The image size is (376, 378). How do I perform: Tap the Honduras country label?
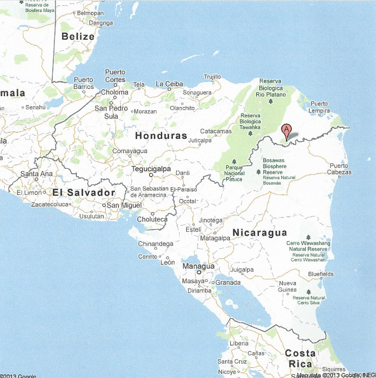pyautogui.click(x=161, y=136)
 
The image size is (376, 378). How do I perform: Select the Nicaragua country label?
pyautogui.click(x=260, y=233)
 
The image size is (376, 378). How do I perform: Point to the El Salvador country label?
pyautogui.click(x=84, y=193)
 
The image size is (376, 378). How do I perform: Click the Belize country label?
pyautogui.click(x=78, y=36)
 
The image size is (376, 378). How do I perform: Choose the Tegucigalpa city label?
pyautogui.click(x=151, y=169)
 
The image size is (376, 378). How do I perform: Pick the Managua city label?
pyautogui.click(x=198, y=266)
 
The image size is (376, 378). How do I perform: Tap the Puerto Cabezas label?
pyautogui.click(x=339, y=169)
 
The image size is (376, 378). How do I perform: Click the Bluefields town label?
pyautogui.click(x=321, y=274)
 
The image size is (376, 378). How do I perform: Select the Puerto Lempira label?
pyautogui.click(x=319, y=107)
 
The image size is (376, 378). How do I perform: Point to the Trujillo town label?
pyautogui.click(x=212, y=77)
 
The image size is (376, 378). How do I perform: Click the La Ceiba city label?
pyautogui.click(x=170, y=84)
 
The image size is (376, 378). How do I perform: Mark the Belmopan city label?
pyautogui.click(x=90, y=13)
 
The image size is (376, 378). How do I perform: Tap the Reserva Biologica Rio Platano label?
pyautogui.click(x=271, y=88)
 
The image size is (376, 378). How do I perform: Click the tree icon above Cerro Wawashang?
pyautogui.click(x=308, y=237)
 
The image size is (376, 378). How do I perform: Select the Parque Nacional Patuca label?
pyautogui.click(x=234, y=173)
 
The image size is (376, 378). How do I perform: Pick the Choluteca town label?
pyautogui.click(x=152, y=219)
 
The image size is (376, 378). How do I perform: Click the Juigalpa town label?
pyautogui.click(x=242, y=270)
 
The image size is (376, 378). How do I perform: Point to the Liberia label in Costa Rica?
pyautogui.click(x=239, y=343)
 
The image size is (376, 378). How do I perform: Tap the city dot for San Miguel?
pyautogui.click(x=104, y=205)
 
